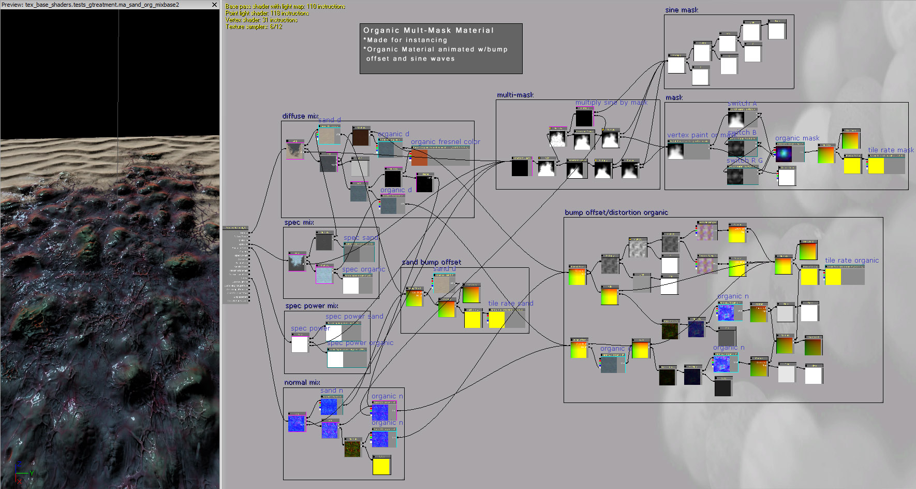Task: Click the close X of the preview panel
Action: [214, 5]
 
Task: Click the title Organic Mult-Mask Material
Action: [428, 31]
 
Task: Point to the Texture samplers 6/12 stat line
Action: [254, 27]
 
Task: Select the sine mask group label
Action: [682, 10]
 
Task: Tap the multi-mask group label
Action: [515, 95]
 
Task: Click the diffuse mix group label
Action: [300, 116]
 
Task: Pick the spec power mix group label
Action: [312, 306]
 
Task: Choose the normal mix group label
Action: [302, 382]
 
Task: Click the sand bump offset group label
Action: [431, 262]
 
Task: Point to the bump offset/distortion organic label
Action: [616, 212]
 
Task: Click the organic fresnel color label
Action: [445, 141]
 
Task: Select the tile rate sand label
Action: [510, 303]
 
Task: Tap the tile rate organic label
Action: [851, 260]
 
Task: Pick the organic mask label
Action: [797, 138]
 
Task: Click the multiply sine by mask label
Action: [611, 103]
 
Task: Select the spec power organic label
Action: [360, 343]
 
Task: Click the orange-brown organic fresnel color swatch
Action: [419, 157]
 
